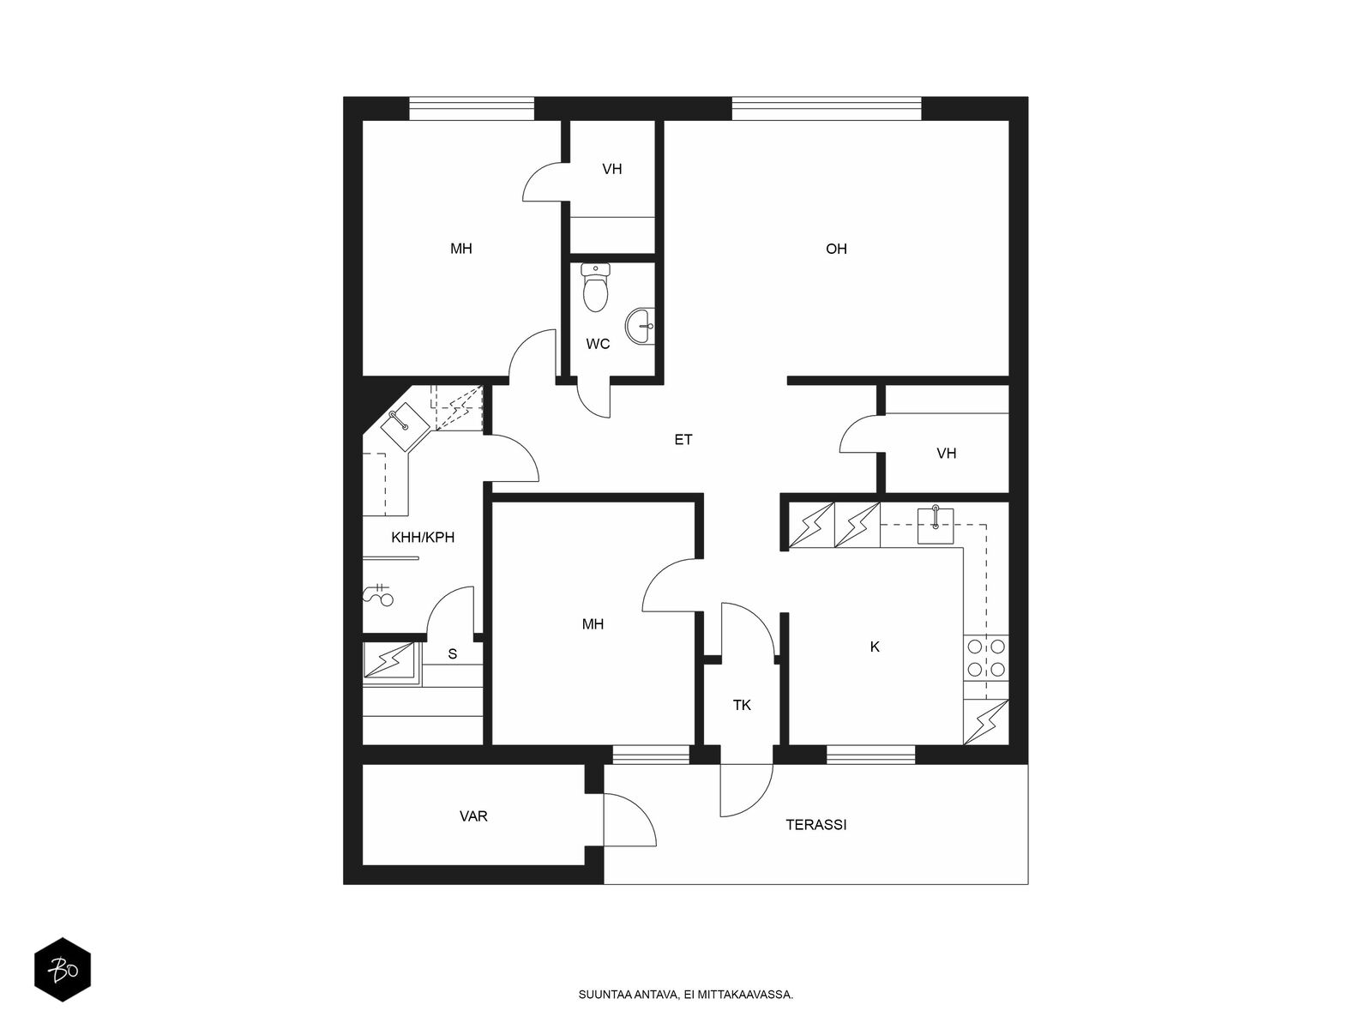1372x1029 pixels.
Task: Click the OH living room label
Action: click(836, 249)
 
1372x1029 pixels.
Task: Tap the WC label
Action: click(598, 344)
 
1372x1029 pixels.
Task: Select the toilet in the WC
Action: click(595, 286)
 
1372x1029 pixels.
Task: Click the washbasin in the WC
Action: click(640, 326)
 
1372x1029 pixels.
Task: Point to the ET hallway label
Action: click(683, 440)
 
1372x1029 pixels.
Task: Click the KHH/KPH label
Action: click(423, 538)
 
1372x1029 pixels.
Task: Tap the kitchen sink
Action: click(935, 525)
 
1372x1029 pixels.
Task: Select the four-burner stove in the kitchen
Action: click(986, 658)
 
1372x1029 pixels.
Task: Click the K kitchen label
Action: click(875, 647)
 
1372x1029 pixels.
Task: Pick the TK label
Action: click(742, 706)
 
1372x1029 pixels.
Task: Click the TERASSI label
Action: click(815, 825)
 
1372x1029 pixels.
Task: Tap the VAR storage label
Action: click(473, 816)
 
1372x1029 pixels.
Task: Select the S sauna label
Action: click(453, 653)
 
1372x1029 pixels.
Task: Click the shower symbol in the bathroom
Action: click(379, 595)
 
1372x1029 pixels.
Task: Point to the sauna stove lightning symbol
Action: click(388, 659)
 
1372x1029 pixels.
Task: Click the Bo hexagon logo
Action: click(63, 970)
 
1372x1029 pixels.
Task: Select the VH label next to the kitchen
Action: click(947, 454)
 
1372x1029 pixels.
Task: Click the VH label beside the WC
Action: click(612, 169)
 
